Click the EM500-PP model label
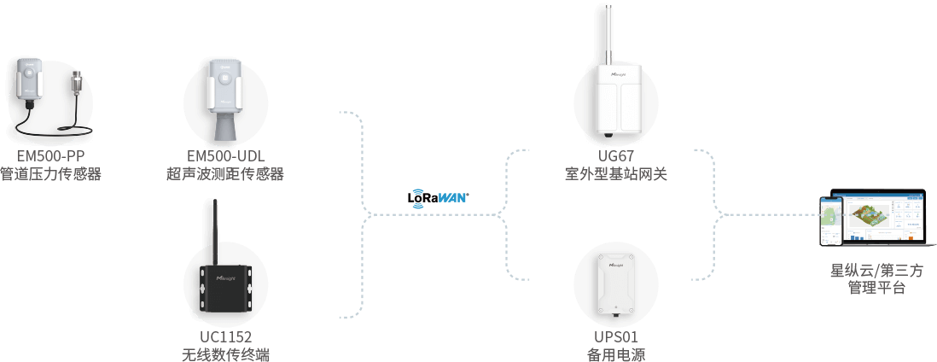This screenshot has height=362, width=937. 51,155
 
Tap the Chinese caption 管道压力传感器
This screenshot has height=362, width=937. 51,174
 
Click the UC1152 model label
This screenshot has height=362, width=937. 224,336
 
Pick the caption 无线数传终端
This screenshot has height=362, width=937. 224,354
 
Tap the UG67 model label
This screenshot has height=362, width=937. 616,155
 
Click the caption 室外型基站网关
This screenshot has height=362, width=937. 616,174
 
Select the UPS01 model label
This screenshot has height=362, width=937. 616,336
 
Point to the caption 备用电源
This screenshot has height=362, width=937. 616,354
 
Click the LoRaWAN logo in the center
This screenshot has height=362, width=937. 440,199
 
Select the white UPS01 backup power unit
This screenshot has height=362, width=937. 616,282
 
